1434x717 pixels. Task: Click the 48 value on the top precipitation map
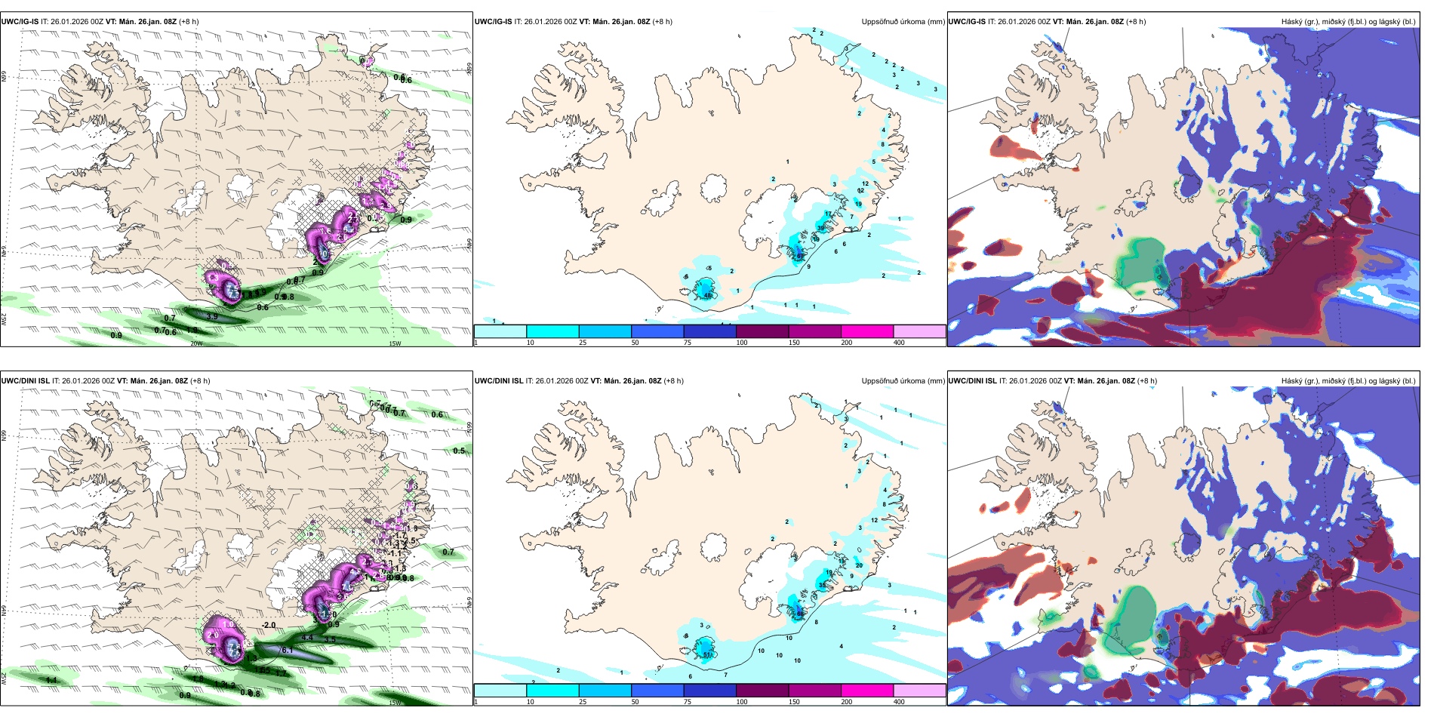[x=708, y=295]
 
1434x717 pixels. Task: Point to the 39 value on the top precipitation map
[x=821, y=228]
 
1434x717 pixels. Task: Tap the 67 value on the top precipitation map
[x=800, y=256]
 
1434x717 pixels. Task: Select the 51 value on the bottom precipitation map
[x=707, y=654]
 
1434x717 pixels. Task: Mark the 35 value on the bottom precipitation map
[x=822, y=585]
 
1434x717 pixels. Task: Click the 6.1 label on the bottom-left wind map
[x=287, y=650]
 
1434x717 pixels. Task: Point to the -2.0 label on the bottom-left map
[x=268, y=626]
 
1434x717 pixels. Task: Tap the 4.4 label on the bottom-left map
[x=307, y=638]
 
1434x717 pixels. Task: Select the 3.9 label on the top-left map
[x=212, y=316]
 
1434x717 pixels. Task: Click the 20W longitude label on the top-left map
[x=196, y=343]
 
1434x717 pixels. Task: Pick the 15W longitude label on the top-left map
[x=394, y=343]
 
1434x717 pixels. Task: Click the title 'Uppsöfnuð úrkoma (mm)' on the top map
[x=903, y=22]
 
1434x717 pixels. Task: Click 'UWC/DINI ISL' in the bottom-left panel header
[x=26, y=381]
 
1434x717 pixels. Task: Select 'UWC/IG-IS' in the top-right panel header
[x=966, y=22]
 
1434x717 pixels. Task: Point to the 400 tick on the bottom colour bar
[x=899, y=702]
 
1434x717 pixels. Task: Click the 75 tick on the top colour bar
[x=688, y=343]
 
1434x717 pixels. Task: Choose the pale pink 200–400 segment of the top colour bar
[x=919, y=331]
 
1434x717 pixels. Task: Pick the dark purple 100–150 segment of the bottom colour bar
[x=762, y=691]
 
